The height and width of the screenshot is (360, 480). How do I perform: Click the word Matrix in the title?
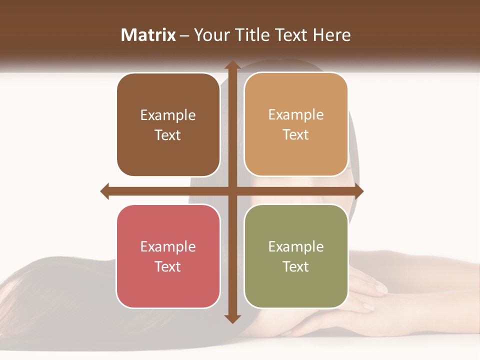[148, 35]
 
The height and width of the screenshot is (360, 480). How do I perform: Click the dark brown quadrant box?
[168, 124]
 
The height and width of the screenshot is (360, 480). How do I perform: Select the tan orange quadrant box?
[296, 124]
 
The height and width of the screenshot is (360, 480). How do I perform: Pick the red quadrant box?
[168, 256]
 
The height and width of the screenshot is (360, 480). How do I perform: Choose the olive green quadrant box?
[296, 256]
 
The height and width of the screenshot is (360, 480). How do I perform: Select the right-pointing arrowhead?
[358, 191]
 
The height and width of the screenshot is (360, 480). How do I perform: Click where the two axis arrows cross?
[232, 191]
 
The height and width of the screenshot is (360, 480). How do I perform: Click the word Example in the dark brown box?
[168, 115]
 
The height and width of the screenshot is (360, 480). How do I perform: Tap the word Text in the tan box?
[296, 135]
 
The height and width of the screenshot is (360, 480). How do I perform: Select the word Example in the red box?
[168, 246]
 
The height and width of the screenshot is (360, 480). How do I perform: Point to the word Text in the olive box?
[296, 266]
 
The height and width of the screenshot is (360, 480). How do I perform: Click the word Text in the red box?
[168, 266]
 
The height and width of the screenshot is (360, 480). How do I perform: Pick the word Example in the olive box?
[296, 246]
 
